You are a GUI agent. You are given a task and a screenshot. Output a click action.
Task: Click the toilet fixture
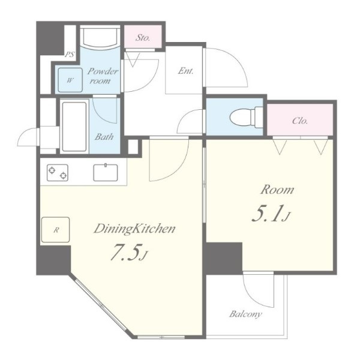click(247, 117)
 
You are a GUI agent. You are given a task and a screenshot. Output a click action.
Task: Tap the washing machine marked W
click(70, 80)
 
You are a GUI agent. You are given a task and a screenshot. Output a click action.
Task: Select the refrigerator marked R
click(56, 230)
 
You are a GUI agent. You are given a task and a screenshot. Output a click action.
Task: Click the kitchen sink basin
click(106, 172)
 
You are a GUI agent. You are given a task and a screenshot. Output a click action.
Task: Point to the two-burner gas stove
click(58, 172)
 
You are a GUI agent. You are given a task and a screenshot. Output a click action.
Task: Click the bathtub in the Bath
click(74, 127)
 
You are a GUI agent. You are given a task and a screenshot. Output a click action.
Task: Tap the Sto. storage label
click(143, 37)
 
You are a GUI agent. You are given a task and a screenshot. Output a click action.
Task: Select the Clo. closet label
click(300, 121)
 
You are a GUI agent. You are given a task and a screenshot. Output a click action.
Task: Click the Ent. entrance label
click(186, 71)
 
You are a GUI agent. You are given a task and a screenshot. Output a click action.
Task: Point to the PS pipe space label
click(70, 55)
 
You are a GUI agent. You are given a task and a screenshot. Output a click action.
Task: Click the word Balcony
click(245, 314)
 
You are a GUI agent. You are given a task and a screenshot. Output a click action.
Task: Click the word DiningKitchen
click(135, 229)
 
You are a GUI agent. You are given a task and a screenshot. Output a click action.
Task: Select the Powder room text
click(103, 76)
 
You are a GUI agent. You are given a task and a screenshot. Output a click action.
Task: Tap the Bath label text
click(104, 137)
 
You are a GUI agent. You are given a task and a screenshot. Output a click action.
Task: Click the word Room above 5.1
click(277, 190)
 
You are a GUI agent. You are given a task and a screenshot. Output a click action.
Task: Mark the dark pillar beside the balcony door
click(224, 258)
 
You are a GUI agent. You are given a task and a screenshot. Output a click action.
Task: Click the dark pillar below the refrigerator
click(54, 260)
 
